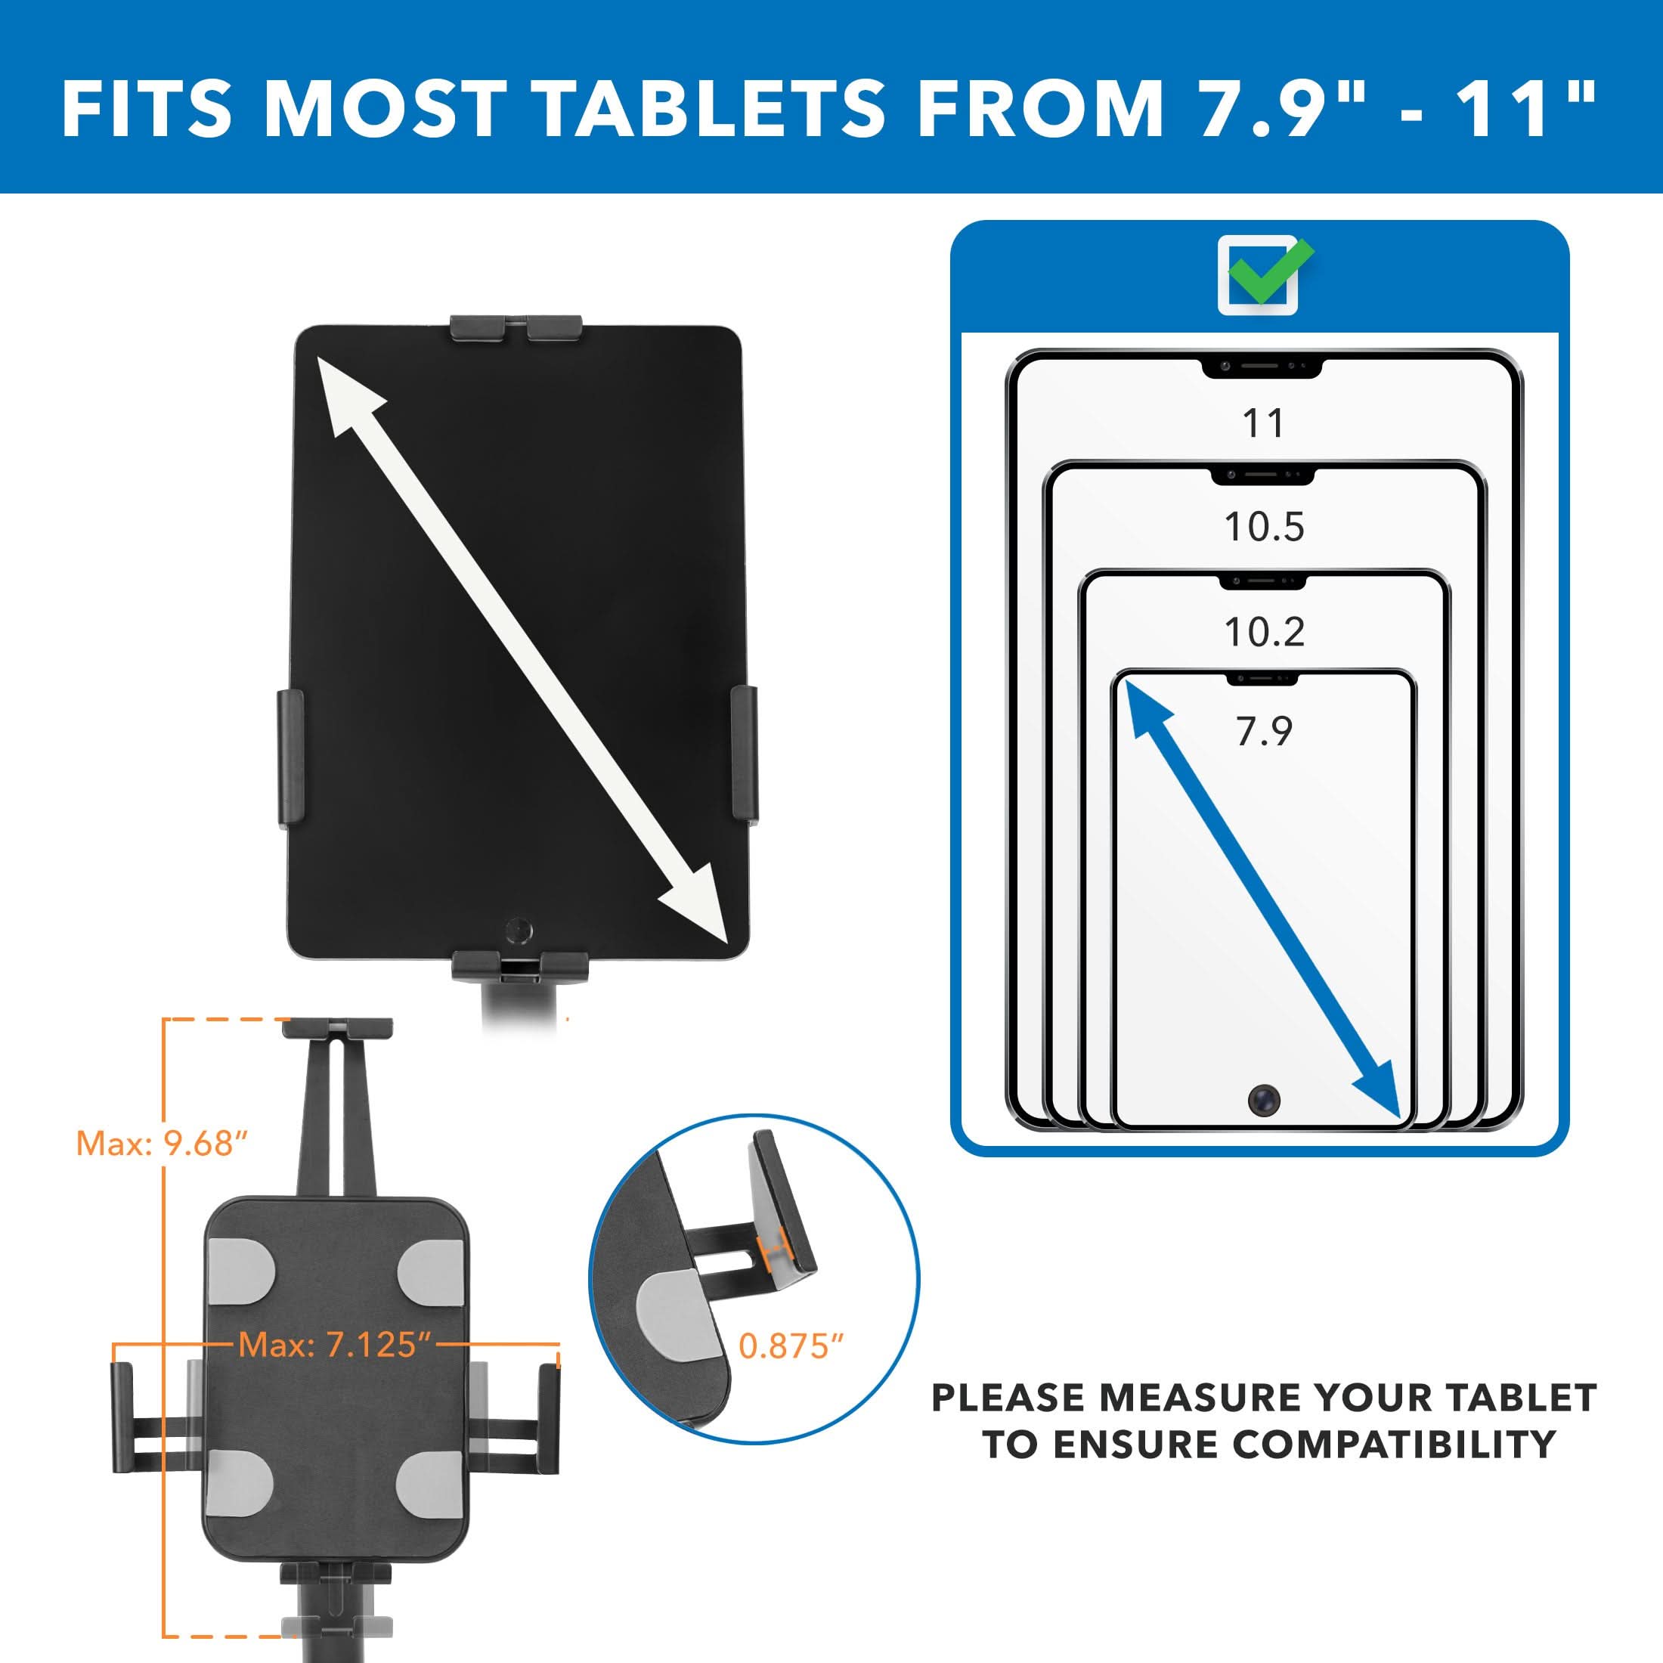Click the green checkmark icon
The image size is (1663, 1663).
pos(1266,272)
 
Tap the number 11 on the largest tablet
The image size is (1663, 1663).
pos(1264,423)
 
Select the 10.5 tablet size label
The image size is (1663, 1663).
pos(1264,527)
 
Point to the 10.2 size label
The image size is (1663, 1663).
pos(1264,633)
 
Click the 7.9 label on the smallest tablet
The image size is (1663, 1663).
pos(1264,732)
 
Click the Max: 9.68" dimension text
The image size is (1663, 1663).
pos(163,1144)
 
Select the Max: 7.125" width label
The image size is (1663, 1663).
pos(335,1345)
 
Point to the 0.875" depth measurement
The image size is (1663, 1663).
pos(791,1346)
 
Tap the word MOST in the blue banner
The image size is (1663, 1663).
pos(385,110)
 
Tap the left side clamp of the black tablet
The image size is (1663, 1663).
pos(290,757)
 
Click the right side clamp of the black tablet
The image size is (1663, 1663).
pos(744,753)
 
